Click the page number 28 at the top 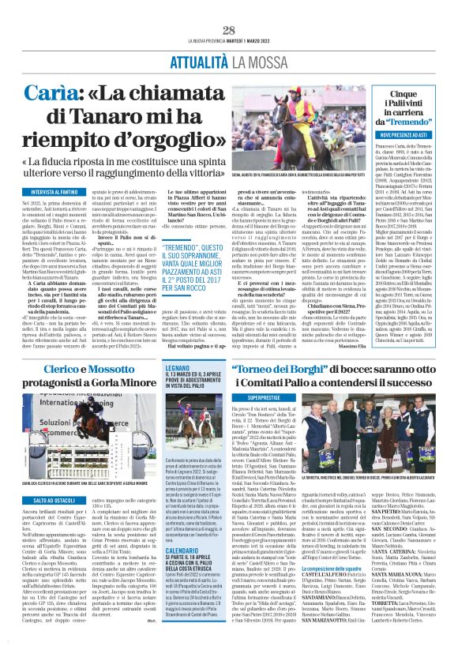tap(229, 30)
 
